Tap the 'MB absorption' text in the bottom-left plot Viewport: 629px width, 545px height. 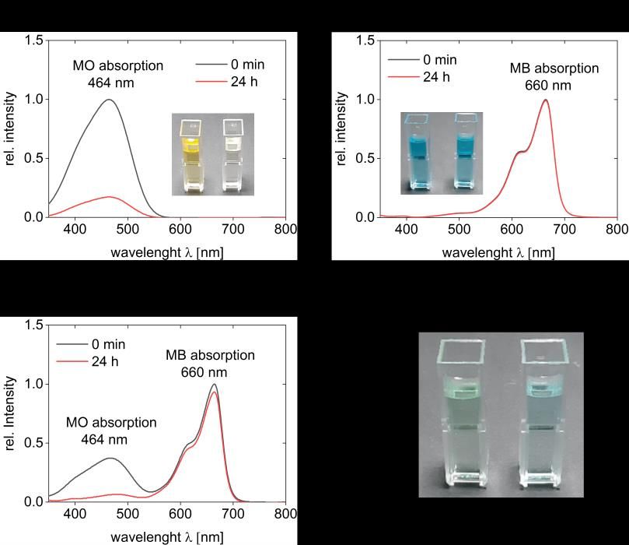(x=209, y=355)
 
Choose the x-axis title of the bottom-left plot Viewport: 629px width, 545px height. (x=166, y=536)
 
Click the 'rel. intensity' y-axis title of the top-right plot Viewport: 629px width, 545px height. (x=341, y=128)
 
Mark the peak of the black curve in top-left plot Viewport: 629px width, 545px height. (x=109, y=100)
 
